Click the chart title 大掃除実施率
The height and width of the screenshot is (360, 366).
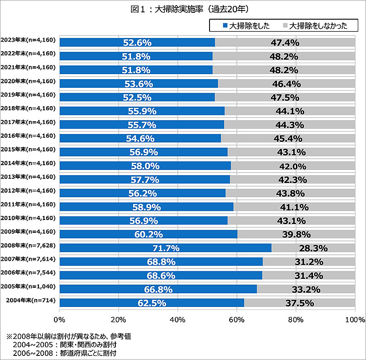point(183,9)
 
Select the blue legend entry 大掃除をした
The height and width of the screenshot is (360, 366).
point(247,25)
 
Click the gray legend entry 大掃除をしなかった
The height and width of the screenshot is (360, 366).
point(316,25)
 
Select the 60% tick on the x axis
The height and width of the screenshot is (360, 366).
point(237,319)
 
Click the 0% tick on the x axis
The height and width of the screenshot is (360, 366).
point(59,319)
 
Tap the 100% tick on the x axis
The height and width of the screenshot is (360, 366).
point(355,319)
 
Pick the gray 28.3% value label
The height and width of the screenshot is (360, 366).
point(313,248)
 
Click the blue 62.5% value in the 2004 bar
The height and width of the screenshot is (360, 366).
point(152,303)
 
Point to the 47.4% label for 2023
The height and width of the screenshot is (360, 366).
point(285,43)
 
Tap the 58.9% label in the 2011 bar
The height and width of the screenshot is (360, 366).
point(146,207)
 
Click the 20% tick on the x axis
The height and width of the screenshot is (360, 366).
point(118,319)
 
